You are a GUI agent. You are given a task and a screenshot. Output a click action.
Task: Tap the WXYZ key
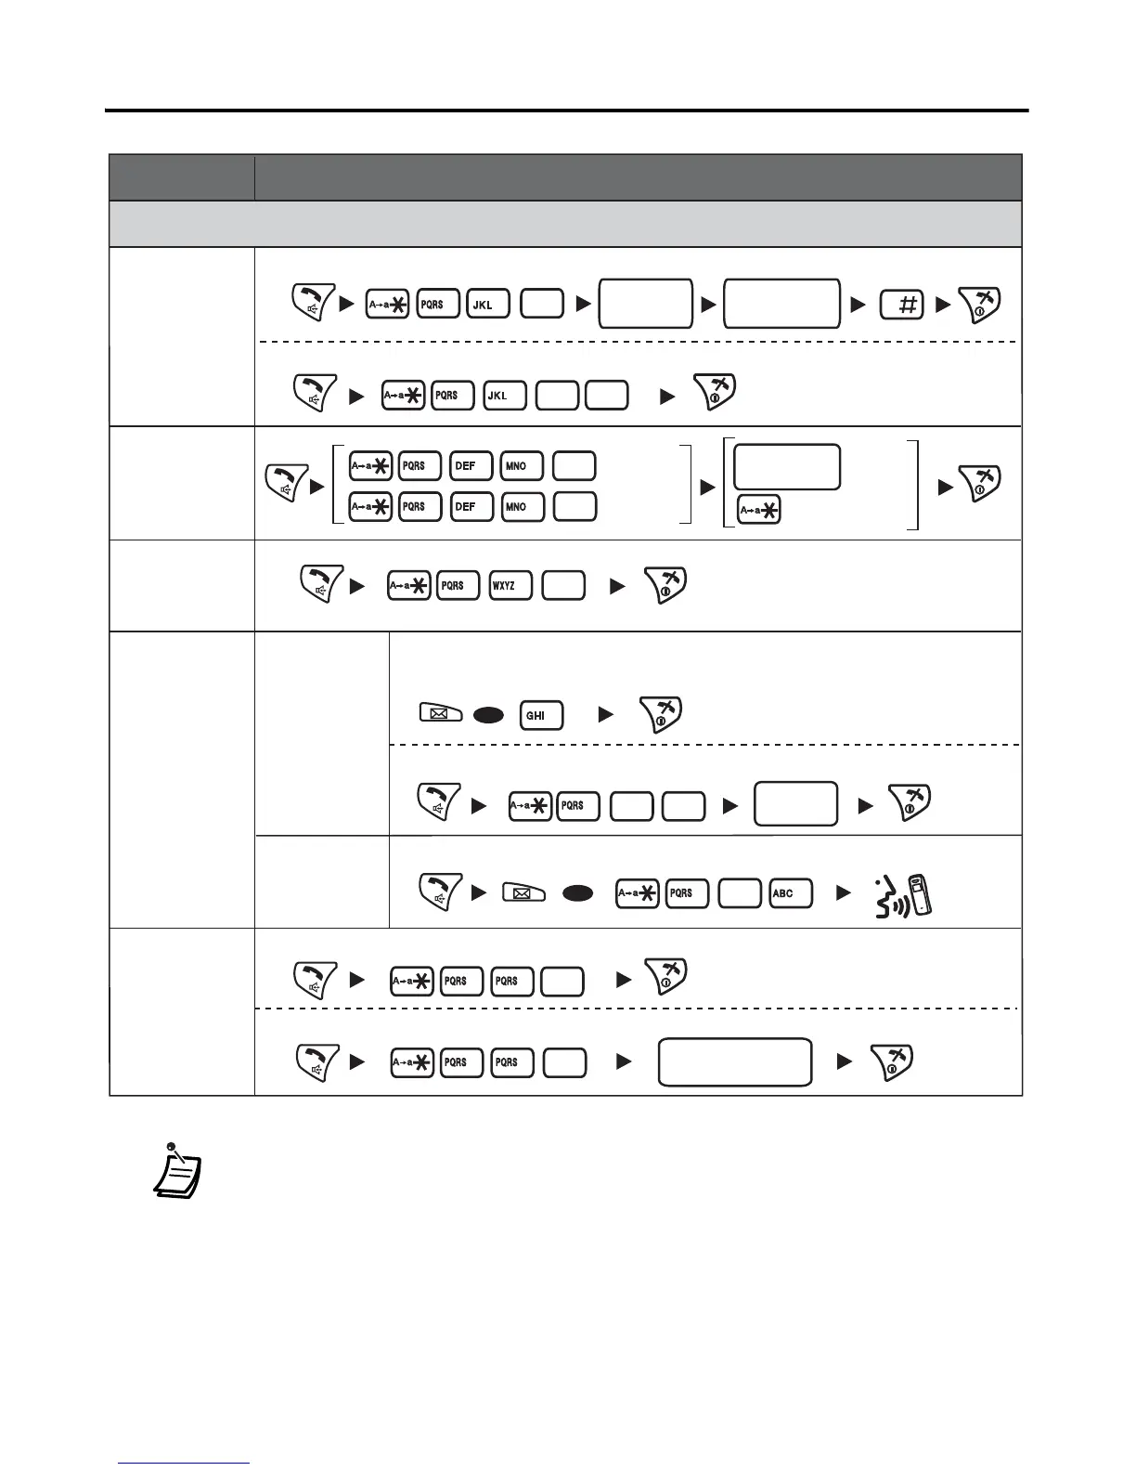point(510,586)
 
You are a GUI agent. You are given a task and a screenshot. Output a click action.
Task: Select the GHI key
point(541,716)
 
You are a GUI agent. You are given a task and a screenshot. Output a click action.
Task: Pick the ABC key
point(791,893)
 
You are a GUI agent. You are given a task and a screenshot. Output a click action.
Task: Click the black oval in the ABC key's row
point(578,893)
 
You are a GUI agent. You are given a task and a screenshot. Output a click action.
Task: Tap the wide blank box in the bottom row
point(734,1062)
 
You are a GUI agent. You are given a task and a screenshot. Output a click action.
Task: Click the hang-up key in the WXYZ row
point(665,584)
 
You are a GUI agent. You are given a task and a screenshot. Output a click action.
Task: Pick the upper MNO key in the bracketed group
point(521,466)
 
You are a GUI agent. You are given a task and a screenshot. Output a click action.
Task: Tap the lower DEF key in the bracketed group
point(471,507)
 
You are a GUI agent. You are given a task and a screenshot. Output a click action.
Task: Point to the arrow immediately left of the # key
point(858,305)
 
